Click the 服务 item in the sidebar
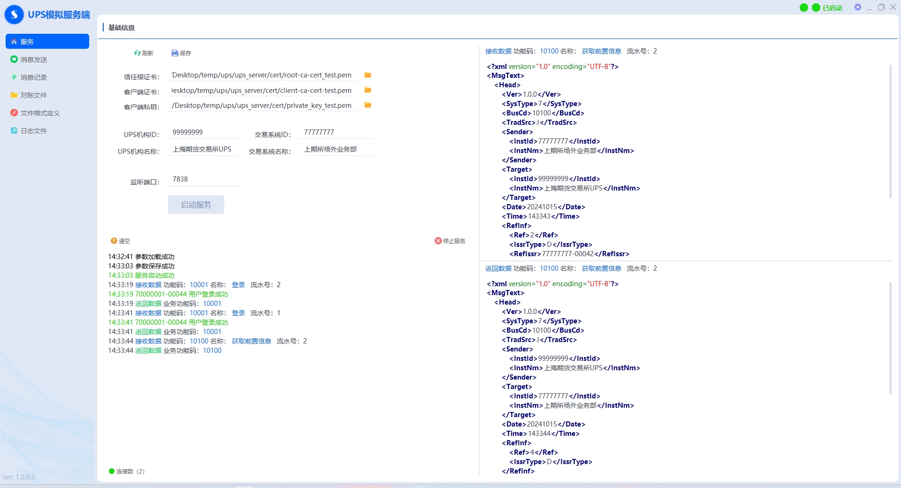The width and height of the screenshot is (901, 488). coord(47,41)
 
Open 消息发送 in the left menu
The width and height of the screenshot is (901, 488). coord(29,60)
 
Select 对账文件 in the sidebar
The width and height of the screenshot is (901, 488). coord(29,95)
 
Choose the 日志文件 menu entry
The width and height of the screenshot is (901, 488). coord(29,131)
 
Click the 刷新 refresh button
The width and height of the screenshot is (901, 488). coord(144,53)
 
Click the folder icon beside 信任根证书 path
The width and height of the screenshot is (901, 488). coord(368,75)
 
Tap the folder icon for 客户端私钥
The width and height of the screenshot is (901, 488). coord(368,105)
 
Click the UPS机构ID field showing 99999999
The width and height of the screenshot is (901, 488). coord(206,133)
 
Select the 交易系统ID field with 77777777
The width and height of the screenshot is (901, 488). coord(337,133)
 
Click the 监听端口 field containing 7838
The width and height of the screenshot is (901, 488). coord(206,180)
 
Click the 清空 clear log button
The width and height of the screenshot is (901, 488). coord(121,241)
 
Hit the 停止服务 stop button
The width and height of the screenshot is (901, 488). coord(450,241)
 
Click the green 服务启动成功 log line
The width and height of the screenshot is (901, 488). coord(141,275)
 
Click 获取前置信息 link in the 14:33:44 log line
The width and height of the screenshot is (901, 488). coord(252,341)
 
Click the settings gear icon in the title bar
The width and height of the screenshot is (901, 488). coord(858,7)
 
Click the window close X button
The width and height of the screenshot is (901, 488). coord(893,7)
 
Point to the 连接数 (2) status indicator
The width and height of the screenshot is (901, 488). coord(127,471)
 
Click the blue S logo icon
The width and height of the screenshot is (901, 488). coord(14,15)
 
